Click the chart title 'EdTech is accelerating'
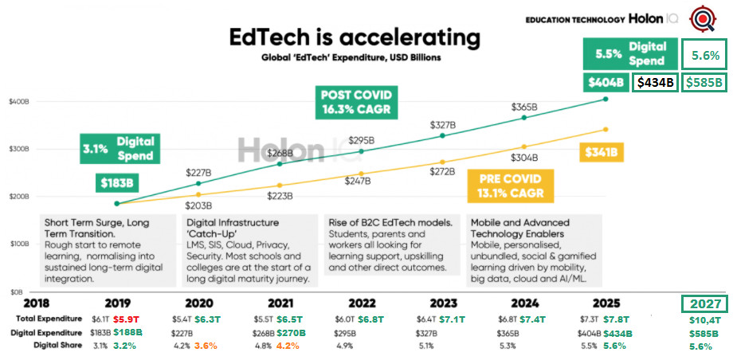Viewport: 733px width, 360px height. click(x=355, y=38)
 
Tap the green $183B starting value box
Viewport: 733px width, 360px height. click(x=119, y=182)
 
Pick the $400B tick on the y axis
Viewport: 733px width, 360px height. click(x=20, y=101)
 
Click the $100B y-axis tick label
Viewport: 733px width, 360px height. click(x=20, y=245)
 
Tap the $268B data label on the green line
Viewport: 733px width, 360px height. click(x=278, y=152)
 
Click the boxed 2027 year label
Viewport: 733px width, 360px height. click(x=706, y=303)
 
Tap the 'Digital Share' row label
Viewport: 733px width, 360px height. click(x=57, y=345)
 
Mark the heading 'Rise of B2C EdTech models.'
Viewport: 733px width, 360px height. click(x=390, y=221)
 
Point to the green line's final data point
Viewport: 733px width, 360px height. click(x=606, y=100)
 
